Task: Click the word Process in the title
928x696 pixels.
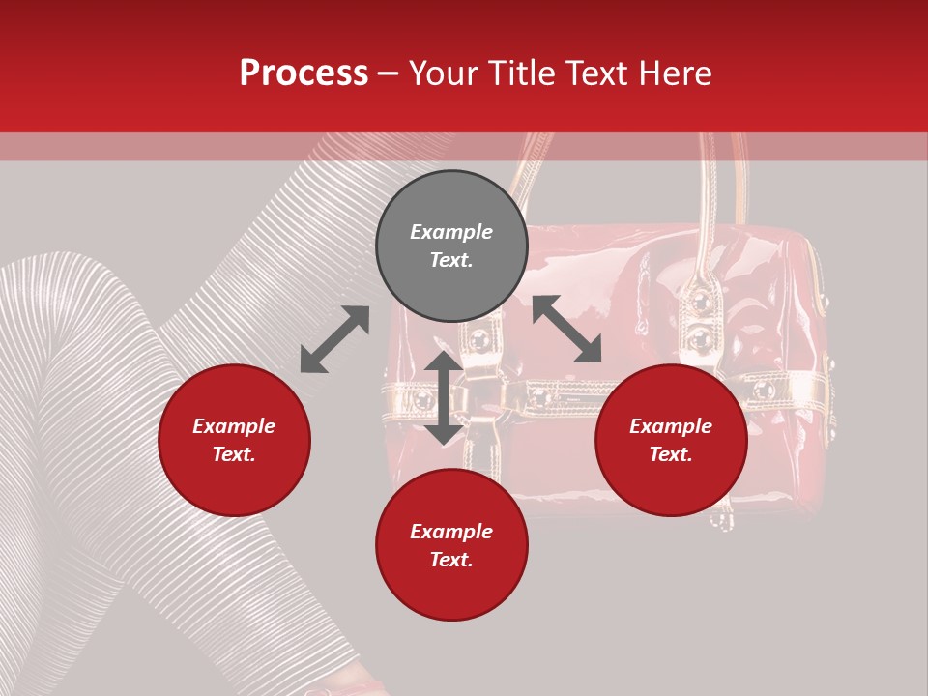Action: [x=304, y=73]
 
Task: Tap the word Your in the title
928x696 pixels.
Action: [x=448, y=73]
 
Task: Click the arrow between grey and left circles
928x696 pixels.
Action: [x=334, y=339]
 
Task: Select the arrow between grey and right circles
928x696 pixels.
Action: [x=566, y=329]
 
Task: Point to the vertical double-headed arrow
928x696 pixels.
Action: [x=444, y=397]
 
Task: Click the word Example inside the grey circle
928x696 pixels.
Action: [x=451, y=232]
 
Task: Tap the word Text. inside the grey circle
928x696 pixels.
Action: [x=451, y=261]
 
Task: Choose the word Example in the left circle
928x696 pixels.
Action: [x=234, y=426]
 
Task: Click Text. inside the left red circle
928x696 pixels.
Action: [x=234, y=455]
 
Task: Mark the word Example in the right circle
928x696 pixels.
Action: [x=671, y=426]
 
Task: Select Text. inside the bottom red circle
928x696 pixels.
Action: [x=451, y=561]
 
